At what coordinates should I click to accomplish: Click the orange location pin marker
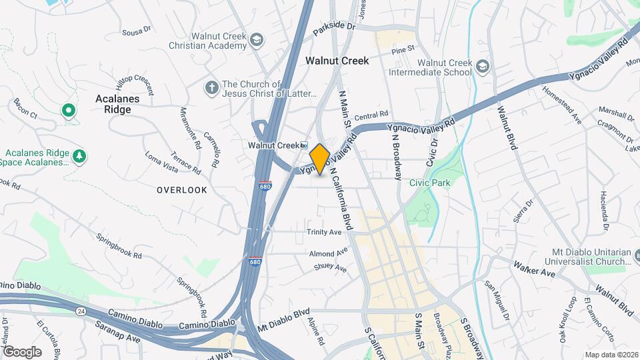[x=320, y=159]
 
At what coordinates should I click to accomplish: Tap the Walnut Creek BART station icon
[x=303, y=145]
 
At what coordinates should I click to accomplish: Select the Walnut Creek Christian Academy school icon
[x=255, y=41]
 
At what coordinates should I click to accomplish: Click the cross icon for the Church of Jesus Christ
[x=211, y=87]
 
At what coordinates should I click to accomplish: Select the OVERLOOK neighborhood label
[x=182, y=190]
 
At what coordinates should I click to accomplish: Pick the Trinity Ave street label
[x=324, y=232]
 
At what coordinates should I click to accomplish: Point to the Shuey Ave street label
[x=331, y=267]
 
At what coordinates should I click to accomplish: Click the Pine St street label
[x=403, y=49]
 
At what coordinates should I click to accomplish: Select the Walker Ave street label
[x=534, y=269]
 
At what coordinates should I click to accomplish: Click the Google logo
[x=22, y=351]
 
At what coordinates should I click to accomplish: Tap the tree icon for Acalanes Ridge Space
[x=80, y=156]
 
